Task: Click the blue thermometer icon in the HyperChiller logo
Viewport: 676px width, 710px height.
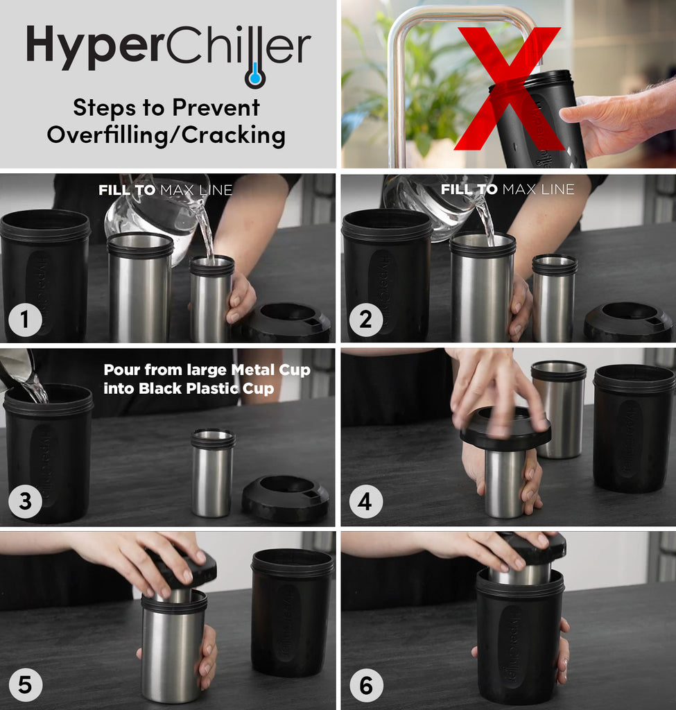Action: click(255, 75)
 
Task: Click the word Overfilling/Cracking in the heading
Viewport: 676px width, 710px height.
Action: click(166, 135)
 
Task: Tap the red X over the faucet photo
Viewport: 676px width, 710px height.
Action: click(508, 89)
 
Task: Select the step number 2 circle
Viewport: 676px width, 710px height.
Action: click(365, 320)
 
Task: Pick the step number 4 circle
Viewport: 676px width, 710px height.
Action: click(365, 501)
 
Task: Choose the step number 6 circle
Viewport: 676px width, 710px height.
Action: click(365, 685)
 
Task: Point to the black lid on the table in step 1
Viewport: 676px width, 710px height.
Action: click(286, 322)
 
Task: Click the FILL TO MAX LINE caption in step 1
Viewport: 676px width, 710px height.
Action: click(166, 189)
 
